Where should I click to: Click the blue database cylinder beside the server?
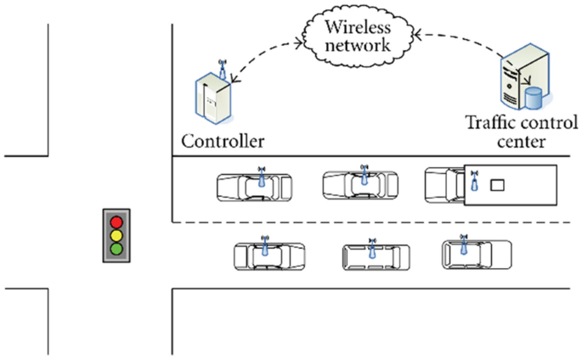(534, 98)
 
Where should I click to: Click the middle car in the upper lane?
(360, 183)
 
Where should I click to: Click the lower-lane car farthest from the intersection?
(477, 253)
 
